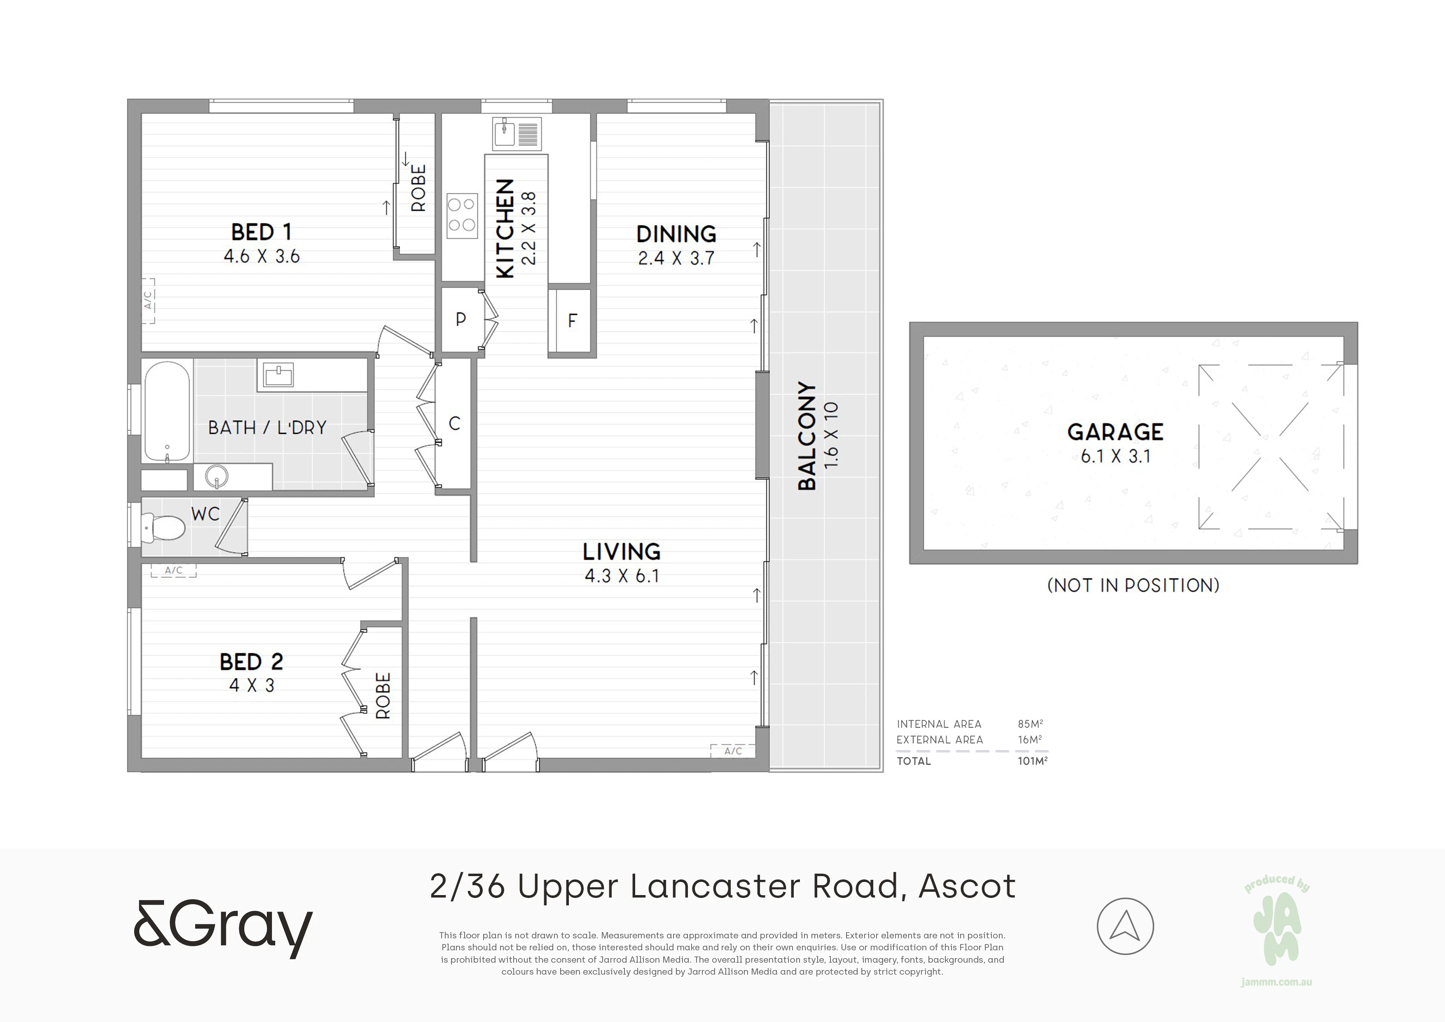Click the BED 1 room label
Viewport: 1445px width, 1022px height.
261,232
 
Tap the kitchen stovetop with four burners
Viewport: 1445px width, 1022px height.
462,216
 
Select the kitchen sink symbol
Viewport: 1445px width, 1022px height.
517,134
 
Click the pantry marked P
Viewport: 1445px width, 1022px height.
461,319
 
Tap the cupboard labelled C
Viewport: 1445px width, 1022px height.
454,424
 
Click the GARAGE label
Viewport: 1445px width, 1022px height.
1115,432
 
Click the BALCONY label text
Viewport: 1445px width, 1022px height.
807,436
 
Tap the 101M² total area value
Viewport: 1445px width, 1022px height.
1032,761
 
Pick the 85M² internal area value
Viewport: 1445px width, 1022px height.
1030,724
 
